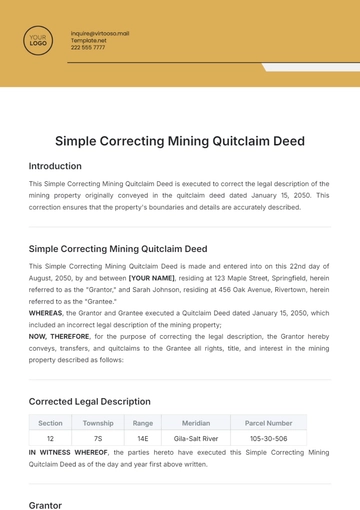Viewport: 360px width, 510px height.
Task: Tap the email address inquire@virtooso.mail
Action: (x=100, y=33)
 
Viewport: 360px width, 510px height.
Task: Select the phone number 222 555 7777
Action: (x=88, y=47)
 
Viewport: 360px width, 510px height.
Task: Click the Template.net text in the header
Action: (x=87, y=40)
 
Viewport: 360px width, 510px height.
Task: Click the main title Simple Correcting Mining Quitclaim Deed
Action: (x=180, y=141)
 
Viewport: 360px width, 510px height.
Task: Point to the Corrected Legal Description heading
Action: (x=90, y=401)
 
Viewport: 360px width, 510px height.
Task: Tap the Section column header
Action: (x=50, y=423)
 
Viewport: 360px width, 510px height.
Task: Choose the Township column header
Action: (x=98, y=423)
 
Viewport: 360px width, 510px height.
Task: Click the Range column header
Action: (x=143, y=423)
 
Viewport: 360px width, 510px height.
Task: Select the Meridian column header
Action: (x=196, y=423)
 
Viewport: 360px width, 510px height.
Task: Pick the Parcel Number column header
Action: (x=269, y=423)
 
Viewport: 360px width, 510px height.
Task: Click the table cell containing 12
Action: (x=50, y=438)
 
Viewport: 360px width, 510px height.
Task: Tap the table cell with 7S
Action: (x=98, y=438)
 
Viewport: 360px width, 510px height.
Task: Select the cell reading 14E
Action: (x=143, y=438)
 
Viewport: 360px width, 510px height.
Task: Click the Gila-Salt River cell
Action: (x=196, y=438)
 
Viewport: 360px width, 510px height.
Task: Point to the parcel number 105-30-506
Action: (x=269, y=438)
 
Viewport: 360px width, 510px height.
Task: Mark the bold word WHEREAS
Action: (x=46, y=312)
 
